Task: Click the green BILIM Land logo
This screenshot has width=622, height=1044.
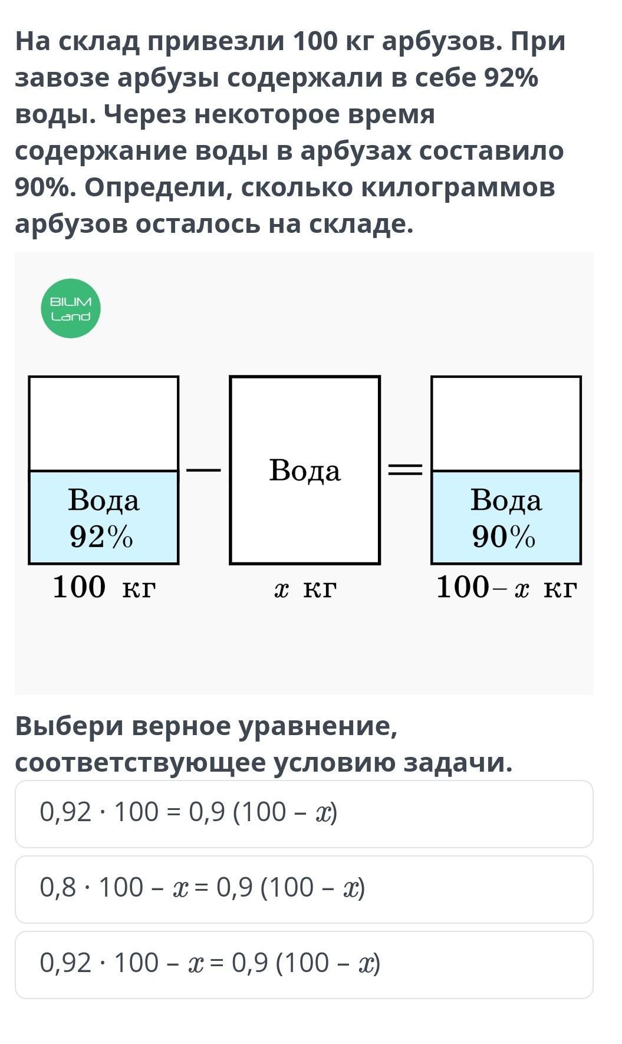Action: point(71,308)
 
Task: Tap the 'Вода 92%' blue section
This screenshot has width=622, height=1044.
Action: point(104,518)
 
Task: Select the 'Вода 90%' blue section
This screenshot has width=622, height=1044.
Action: point(506,518)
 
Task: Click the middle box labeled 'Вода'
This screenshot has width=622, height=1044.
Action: point(305,470)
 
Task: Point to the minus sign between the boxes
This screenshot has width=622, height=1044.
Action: point(203,470)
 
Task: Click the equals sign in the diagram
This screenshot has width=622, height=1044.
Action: point(405,470)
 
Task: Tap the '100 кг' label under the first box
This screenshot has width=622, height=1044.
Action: point(104,587)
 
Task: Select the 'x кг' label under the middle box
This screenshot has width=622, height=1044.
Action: point(305,588)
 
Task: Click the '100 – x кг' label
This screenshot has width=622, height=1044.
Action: point(506,587)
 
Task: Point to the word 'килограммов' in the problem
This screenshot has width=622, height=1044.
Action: point(458,187)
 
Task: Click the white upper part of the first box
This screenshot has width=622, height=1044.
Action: point(104,423)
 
